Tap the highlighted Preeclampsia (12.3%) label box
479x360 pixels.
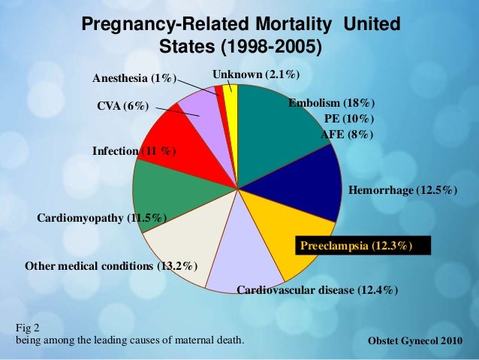(x=356, y=245)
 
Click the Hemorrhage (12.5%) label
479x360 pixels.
(x=403, y=192)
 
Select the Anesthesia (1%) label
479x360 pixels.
(x=134, y=78)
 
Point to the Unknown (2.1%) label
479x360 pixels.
(x=256, y=74)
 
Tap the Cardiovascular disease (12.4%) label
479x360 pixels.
(x=317, y=290)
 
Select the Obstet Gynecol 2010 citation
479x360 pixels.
(x=415, y=342)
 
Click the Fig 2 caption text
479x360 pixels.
(x=27, y=328)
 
